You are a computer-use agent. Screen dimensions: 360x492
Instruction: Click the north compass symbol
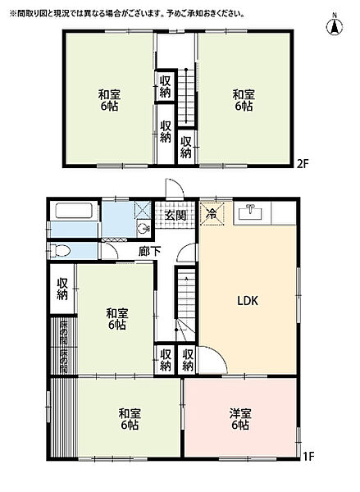pos(335,25)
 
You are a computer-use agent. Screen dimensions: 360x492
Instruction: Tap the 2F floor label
pos(303,164)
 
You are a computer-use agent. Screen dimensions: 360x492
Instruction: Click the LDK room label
pos(248,301)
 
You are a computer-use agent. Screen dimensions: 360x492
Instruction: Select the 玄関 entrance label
pos(175,216)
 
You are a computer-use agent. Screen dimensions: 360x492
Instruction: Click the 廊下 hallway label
pos(150,251)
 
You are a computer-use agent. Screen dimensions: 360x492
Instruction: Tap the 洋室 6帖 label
pos(240,419)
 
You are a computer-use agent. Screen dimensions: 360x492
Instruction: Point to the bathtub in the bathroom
pos(74,211)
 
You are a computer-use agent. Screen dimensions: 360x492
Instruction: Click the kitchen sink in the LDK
pos(250,212)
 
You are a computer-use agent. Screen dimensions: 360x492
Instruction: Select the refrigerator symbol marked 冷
pos(212,214)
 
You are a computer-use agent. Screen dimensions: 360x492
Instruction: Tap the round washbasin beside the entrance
pos(144,228)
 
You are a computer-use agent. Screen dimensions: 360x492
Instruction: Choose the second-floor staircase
pos(186,97)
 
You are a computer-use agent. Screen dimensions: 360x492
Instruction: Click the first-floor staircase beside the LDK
pos(186,303)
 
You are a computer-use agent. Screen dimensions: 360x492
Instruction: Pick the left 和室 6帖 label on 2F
pos(109,100)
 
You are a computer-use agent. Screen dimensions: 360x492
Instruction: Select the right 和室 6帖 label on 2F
pos(244,100)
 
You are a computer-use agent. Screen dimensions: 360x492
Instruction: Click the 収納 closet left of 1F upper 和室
pos(62,289)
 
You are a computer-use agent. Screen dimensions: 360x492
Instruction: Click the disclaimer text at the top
pos(127,14)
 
